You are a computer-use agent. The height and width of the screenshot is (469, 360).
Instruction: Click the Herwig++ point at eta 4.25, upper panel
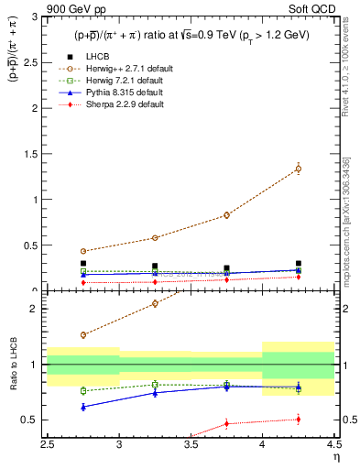[x=298, y=169]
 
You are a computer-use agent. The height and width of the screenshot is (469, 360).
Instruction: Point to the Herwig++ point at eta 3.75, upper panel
[x=226, y=215]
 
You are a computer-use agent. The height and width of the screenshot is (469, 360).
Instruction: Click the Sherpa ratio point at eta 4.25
[x=298, y=420]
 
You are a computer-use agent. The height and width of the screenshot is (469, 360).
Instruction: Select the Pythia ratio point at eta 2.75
[x=83, y=407]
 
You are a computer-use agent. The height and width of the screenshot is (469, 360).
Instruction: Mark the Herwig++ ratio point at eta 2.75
[x=83, y=335]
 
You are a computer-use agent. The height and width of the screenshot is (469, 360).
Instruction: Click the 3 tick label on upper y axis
[x=36, y=16]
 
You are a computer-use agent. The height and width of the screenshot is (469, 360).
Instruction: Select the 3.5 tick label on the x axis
[x=191, y=444]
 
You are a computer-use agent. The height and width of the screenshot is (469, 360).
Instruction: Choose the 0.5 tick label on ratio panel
[x=32, y=420]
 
